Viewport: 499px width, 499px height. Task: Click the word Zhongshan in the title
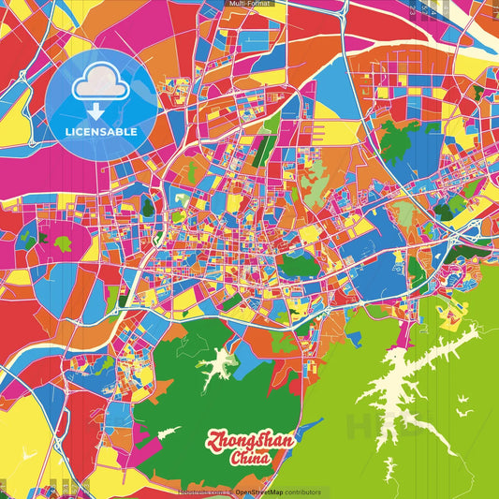[x=249, y=441]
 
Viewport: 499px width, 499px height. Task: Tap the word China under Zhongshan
[x=250, y=458]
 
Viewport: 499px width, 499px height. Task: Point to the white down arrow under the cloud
[x=95, y=110]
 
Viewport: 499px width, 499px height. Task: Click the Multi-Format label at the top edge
[x=249, y=4]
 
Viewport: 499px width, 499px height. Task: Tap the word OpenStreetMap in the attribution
[x=257, y=492]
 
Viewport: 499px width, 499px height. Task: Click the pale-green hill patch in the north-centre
[x=314, y=169]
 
